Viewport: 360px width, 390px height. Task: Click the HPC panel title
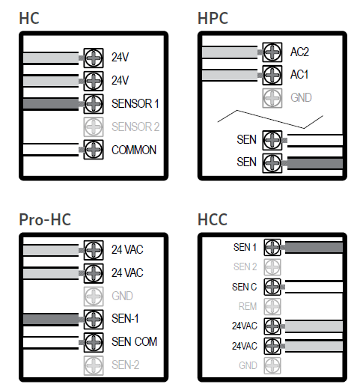click(x=213, y=18)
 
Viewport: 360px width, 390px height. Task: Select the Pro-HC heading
click(x=45, y=219)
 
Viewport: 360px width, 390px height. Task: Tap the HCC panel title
click(x=213, y=219)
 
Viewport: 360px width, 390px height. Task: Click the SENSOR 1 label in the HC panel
click(x=135, y=103)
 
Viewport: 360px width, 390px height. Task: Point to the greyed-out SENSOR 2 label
click(x=135, y=127)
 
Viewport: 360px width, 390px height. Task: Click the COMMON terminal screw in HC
click(x=94, y=150)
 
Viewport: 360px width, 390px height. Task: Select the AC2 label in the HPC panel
click(x=299, y=52)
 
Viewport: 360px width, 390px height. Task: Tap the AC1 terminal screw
click(x=272, y=75)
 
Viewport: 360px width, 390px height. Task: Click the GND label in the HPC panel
click(x=301, y=97)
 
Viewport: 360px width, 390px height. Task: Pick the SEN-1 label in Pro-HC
click(x=125, y=319)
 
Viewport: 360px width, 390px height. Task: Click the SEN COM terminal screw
click(x=94, y=342)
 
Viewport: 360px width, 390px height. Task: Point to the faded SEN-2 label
click(x=125, y=365)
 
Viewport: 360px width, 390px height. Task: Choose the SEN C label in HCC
click(x=244, y=287)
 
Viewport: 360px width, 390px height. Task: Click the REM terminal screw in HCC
click(x=272, y=306)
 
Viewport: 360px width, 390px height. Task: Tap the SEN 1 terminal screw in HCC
click(x=272, y=247)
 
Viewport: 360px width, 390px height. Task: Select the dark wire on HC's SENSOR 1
click(x=51, y=103)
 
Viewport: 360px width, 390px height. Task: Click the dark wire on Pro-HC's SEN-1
click(x=51, y=319)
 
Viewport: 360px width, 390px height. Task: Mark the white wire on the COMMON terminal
click(x=51, y=150)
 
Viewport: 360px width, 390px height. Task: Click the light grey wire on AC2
click(x=230, y=52)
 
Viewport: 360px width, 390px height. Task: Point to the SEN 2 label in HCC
click(x=245, y=266)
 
